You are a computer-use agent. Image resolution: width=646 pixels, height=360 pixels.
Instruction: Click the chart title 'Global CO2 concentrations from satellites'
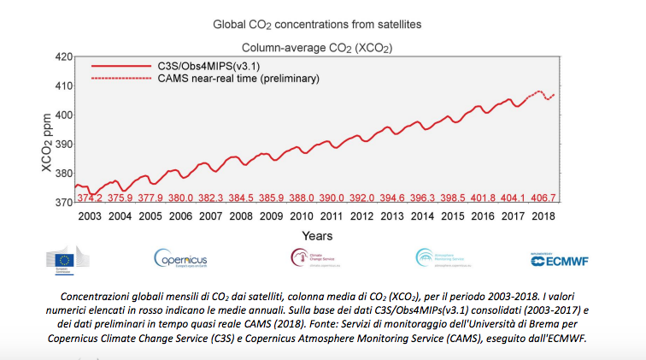click(322, 24)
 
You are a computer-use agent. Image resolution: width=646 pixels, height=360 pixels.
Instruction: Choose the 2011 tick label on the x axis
click(332, 216)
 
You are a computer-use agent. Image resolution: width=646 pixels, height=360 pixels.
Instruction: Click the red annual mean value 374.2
click(90, 198)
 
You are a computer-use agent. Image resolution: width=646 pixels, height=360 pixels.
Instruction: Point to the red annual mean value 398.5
click(452, 198)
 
